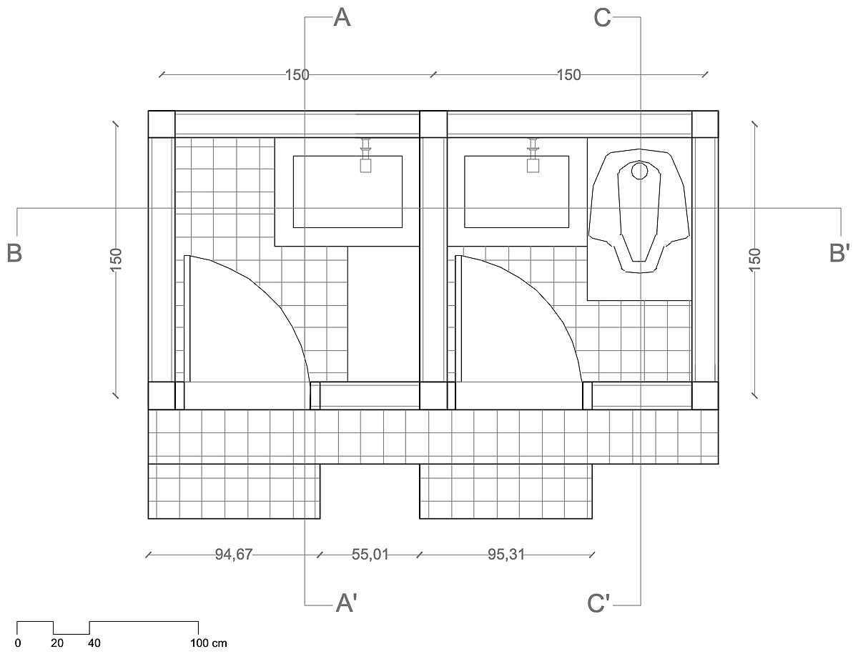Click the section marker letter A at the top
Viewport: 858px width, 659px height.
pos(342,18)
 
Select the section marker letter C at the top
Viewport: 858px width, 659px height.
pos(602,18)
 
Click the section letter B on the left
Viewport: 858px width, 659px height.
pos(14,253)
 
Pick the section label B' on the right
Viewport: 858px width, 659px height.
pos(839,253)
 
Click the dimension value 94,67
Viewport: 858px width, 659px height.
pos(233,555)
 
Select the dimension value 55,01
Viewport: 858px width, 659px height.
pos(370,555)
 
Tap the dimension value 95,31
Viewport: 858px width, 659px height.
pos(506,555)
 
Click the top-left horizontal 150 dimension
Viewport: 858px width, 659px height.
pos(297,75)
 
